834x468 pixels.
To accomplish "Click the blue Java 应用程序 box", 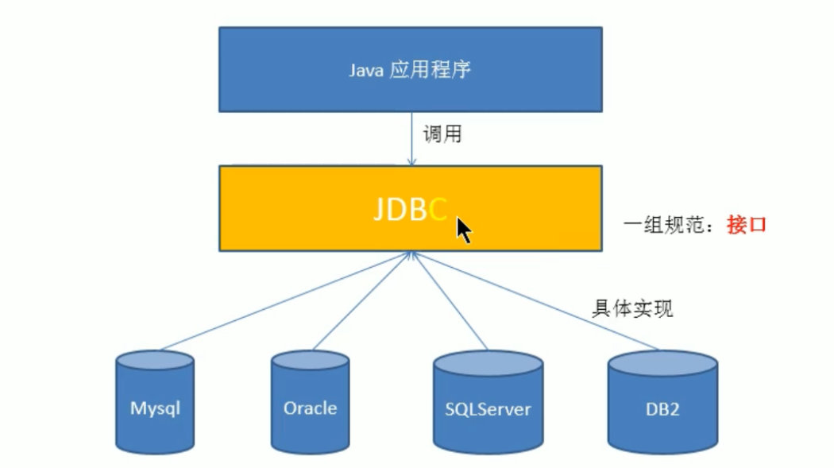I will coord(410,69).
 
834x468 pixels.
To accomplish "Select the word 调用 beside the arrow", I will coord(442,135).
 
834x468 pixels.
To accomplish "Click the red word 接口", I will coord(746,225).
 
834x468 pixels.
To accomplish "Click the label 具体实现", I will coord(632,308).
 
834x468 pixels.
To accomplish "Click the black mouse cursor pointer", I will coord(463,230).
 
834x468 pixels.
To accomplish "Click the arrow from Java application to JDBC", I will coord(410,139).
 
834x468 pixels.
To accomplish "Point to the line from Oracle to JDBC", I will coord(361,301).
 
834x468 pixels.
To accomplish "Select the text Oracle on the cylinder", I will coord(310,408).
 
